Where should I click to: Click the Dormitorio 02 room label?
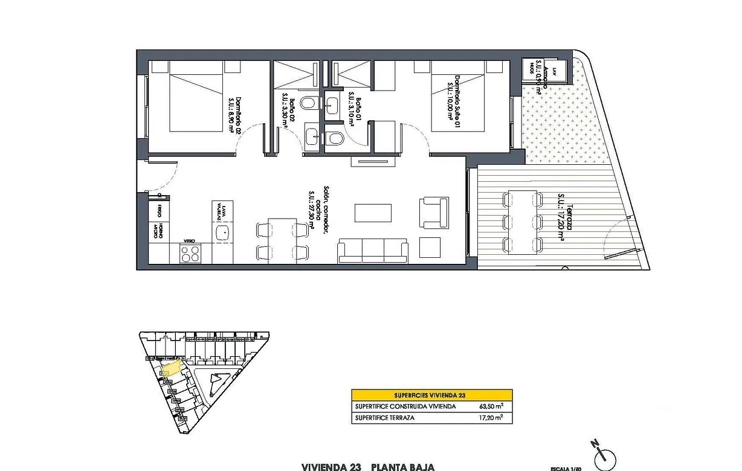[x=235, y=115]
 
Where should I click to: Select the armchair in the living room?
[x=434, y=213]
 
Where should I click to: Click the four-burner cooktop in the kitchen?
[x=190, y=254]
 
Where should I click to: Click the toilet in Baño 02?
[x=308, y=102]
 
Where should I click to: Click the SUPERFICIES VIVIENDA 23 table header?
[x=431, y=395]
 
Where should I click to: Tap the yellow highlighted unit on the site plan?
[x=172, y=368]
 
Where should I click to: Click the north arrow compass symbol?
[x=602, y=455]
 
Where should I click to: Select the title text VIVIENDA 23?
[x=331, y=467]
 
